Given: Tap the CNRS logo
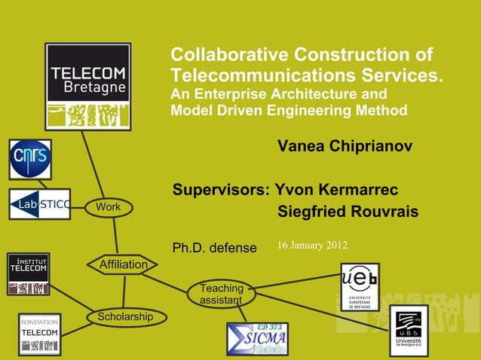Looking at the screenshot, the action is (x=30, y=159).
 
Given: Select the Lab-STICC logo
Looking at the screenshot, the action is (x=40, y=204).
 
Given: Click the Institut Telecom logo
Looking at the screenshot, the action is (x=29, y=274).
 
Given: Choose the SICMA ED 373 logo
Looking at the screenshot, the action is (x=257, y=339).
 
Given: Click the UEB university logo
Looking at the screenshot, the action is (x=360, y=287).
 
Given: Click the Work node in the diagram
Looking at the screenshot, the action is (x=109, y=207).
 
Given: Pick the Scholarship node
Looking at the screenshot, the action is (x=125, y=317).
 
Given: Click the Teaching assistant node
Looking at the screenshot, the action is (x=222, y=294).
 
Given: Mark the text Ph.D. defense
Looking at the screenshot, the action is (x=215, y=248).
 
